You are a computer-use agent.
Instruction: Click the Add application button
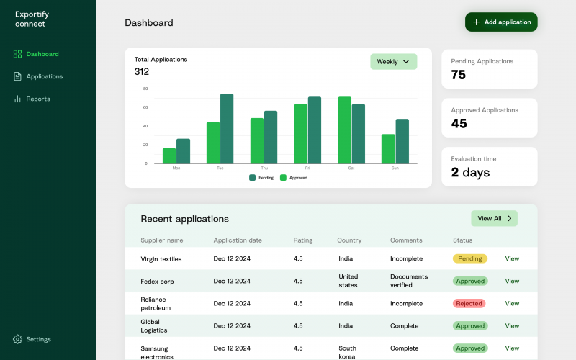coord(501,22)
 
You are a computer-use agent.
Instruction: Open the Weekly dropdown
coord(393,62)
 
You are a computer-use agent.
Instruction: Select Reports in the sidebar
coord(37,99)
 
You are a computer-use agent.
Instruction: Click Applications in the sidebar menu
coord(44,76)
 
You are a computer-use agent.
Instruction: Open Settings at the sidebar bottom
coord(38,339)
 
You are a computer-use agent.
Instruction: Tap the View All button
coord(494,218)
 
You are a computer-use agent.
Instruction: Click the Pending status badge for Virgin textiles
coord(469,258)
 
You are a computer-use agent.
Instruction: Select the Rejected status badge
coord(469,303)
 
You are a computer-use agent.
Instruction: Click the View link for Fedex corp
coord(512,281)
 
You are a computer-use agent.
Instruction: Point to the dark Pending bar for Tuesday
coord(227,129)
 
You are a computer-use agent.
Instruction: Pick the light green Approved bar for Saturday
coord(344,130)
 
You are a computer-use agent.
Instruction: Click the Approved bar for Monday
coord(169,156)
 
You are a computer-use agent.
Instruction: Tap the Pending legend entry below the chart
coord(261,177)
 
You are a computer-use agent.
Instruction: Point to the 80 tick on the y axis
coord(145,89)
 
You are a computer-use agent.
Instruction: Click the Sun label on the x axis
coord(395,168)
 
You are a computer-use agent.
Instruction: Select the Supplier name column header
coord(162,240)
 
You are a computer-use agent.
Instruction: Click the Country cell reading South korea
coord(348,353)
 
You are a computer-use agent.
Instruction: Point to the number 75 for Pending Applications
coord(459,75)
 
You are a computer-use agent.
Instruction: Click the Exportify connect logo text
coord(30,19)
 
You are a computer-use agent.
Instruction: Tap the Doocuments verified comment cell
coord(409,281)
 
